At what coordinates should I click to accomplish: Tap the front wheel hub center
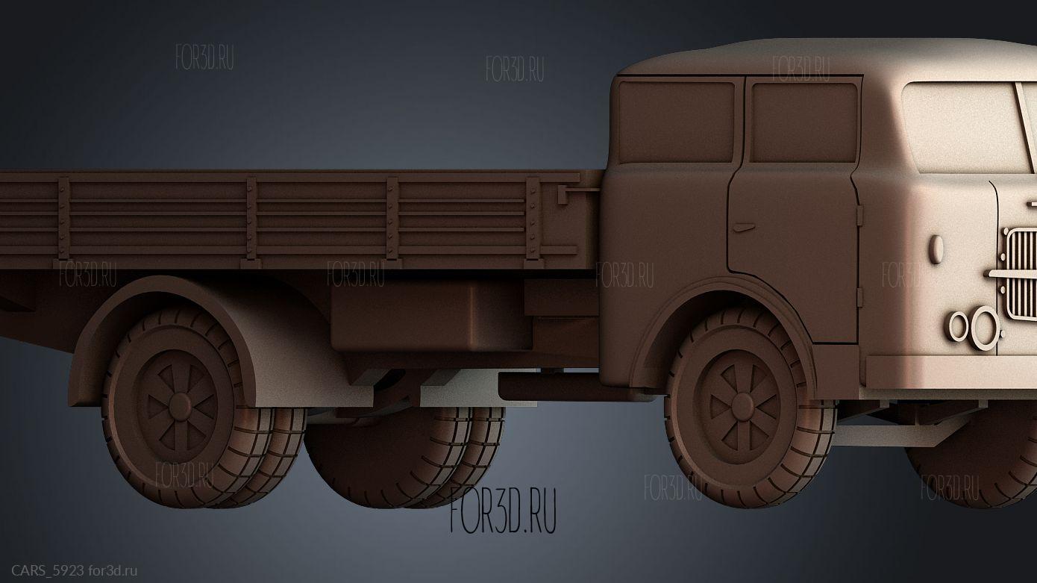click(742, 406)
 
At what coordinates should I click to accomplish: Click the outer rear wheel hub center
click(180, 407)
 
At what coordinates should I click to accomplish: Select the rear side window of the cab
click(677, 122)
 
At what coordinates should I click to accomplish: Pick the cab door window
click(803, 122)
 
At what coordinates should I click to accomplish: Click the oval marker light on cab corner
click(936, 249)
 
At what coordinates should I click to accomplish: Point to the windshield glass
click(962, 128)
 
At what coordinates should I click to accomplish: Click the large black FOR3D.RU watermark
click(504, 510)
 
